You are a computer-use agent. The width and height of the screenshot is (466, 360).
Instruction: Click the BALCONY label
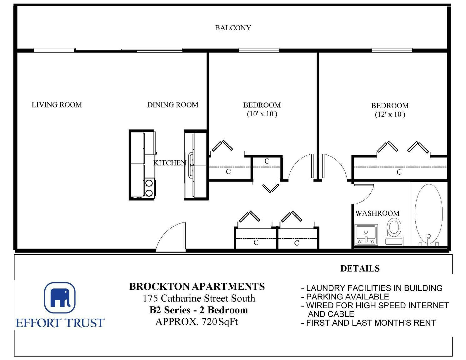tap(233, 28)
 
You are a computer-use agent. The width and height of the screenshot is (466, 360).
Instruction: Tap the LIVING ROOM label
tap(57, 105)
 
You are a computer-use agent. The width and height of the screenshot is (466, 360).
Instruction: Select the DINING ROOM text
tap(173, 105)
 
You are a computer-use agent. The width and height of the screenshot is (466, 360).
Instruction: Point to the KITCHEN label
tap(170, 163)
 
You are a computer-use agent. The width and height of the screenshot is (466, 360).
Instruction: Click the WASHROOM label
tap(378, 213)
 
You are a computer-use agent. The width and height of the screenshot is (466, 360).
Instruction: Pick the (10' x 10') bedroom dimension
tap(262, 114)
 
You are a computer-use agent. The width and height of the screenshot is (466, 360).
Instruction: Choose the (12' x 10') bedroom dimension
tap(390, 114)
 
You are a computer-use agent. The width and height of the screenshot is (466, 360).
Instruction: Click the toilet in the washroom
tap(394, 232)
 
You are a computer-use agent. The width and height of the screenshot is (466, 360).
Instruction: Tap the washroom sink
tap(366, 235)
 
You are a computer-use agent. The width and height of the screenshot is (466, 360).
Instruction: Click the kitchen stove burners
tap(149, 188)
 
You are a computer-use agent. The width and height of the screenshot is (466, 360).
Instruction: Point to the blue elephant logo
tap(60, 297)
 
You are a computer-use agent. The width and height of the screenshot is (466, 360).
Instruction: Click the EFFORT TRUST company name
tap(60, 323)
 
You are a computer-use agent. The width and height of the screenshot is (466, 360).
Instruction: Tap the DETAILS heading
tap(360, 268)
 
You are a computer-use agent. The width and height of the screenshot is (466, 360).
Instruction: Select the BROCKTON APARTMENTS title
tap(197, 287)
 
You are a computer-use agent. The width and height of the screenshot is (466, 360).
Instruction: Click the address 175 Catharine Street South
tap(199, 298)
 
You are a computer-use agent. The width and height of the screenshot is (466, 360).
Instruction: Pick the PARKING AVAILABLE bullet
tap(345, 297)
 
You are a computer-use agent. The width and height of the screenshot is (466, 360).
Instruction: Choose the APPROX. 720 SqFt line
tap(197, 322)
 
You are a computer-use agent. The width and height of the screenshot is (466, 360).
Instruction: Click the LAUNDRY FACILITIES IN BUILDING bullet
tap(372, 288)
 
